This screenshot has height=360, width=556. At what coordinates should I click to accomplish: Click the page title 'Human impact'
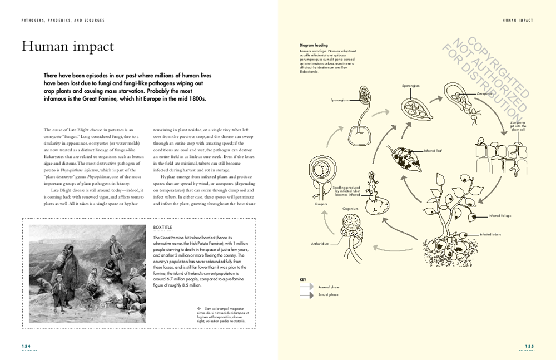[67, 47]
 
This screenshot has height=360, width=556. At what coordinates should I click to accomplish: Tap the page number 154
[26, 346]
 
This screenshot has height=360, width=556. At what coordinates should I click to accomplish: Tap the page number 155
[529, 346]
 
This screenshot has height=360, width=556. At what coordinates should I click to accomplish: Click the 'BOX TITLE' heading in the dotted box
[162, 227]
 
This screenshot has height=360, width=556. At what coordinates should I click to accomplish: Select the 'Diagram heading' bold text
[314, 45]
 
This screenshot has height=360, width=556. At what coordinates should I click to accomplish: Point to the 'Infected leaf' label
[433, 151]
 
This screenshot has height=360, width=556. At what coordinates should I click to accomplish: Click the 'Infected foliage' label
[499, 215]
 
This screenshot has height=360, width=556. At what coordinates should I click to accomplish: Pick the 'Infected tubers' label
[490, 234]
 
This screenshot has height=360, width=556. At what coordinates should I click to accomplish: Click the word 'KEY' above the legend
[303, 279]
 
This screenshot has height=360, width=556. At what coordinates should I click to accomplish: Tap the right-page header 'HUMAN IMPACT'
[517, 20]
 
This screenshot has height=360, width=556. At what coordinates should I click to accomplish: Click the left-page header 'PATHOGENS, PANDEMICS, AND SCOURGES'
[63, 20]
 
